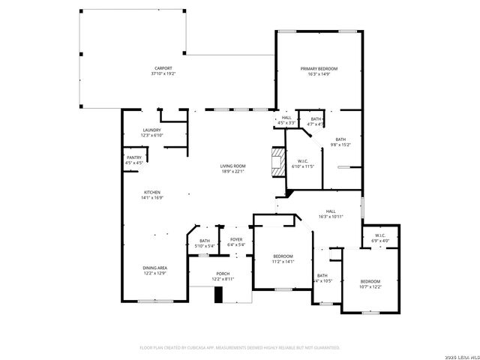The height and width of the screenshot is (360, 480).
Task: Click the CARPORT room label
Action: [152, 68]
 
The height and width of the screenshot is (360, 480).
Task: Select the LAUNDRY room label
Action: [152, 130]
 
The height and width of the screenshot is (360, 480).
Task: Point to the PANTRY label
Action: [134, 157]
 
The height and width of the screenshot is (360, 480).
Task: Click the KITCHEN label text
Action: [152, 192]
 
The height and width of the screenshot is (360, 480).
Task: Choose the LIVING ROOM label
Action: [232, 166]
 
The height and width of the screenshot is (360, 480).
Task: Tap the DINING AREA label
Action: [155, 268]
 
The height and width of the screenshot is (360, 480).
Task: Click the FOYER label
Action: [236, 240]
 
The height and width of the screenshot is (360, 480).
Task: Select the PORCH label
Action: [223, 274]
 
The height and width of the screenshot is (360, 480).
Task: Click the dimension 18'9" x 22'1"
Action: [232, 172]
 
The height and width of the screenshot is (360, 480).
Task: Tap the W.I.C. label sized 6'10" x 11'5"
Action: [304, 160]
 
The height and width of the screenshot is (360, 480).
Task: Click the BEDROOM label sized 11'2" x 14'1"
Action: [283, 256]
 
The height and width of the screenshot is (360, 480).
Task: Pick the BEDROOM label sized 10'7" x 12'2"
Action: [370, 280]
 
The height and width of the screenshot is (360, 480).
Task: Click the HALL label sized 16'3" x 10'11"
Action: [330, 211]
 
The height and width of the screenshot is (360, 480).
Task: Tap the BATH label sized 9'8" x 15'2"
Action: [341, 139]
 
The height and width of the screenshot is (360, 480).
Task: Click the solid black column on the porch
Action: [218, 295]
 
